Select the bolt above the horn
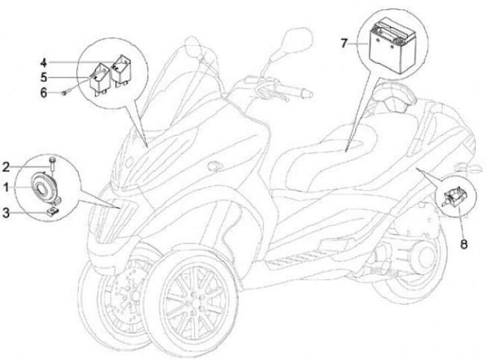pyautogui.click(x=51, y=162)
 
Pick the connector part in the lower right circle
pyautogui.click(x=453, y=197)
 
